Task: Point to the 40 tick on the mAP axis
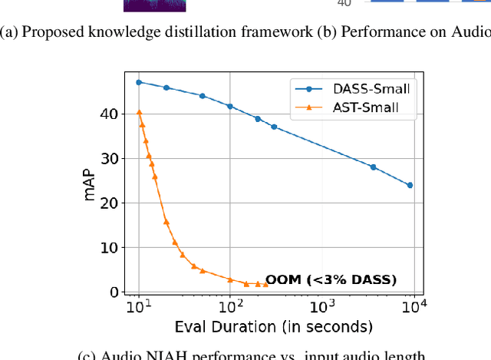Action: pyautogui.click(x=110, y=114)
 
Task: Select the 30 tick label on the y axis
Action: pyautogui.click(x=110, y=158)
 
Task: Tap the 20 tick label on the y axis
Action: pyautogui.click(x=110, y=203)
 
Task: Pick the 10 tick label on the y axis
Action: pyautogui.click(x=110, y=247)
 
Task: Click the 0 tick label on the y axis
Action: pyautogui.click(x=114, y=292)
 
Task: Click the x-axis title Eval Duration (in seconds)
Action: pyautogui.click(x=274, y=328)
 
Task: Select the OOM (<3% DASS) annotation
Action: pyautogui.click(x=331, y=280)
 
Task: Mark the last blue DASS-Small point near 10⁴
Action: pyautogui.click(x=410, y=185)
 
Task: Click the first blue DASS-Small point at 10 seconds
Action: pyautogui.click(x=139, y=82)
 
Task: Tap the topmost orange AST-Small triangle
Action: pyautogui.click(x=139, y=112)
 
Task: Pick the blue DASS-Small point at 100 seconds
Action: pyautogui.click(x=230, y=106)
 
